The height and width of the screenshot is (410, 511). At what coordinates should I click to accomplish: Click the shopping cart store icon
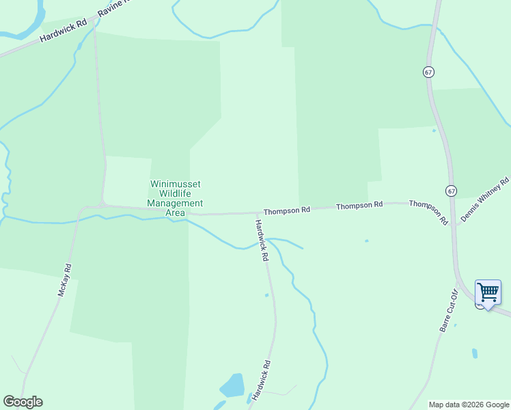[488, 292]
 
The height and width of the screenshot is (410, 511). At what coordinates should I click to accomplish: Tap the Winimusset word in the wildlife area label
[176, 184]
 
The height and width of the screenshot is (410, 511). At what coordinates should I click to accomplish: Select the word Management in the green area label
[175, 203]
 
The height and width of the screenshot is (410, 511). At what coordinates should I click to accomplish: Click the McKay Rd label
[64, 280]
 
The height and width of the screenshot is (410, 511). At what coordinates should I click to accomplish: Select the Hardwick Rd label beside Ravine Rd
[64, 31]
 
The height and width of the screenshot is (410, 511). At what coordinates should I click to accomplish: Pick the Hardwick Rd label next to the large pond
[261, 380]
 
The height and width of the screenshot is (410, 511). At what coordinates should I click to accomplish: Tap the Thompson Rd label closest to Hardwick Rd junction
[287, 211]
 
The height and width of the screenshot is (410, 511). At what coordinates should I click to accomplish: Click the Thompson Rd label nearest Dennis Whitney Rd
[428, 212]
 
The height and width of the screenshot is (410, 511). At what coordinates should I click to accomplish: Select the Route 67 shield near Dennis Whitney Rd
[452, 191]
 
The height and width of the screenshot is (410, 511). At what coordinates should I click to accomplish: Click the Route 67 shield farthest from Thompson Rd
[428, 72]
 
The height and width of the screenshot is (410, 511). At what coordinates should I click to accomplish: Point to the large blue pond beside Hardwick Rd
[232, 386]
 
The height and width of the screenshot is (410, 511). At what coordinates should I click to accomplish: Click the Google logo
[23, 402]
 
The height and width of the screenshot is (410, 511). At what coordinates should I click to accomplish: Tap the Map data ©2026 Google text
[469, 405]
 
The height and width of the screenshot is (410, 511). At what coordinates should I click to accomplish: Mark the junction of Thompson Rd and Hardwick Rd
[257, 213]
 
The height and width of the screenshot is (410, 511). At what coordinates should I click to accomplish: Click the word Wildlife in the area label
[176, 194]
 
